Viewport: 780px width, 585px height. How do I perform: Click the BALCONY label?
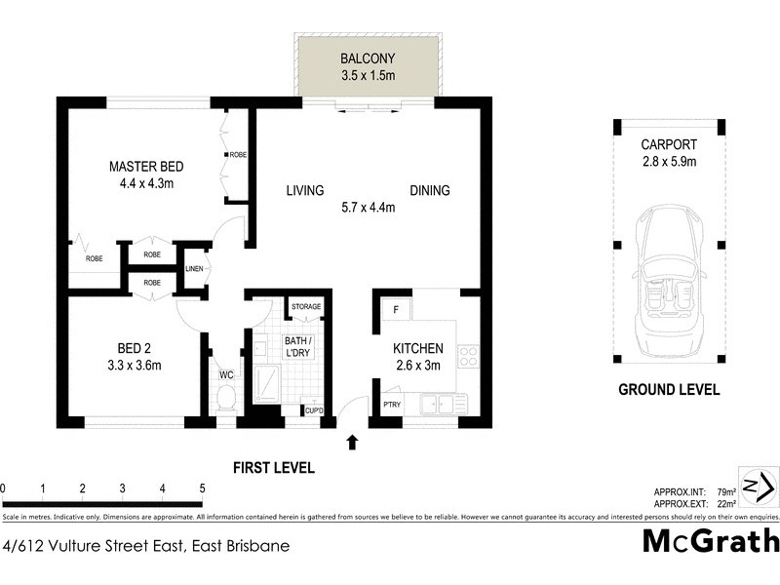[x=368, y=58]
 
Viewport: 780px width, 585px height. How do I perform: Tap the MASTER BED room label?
[x=146, y=167]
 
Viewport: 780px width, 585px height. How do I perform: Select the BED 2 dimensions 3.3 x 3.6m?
[x=134, y=366]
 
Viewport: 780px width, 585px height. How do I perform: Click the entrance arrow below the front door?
[x=352, y=443]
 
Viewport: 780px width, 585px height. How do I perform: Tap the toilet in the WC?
[x=225, y=398]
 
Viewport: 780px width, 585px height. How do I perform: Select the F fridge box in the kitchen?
[x=395, y=309]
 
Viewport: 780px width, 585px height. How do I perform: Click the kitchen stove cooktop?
[x=467, y=357]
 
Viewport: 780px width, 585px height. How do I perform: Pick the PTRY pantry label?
[x=392, y=404]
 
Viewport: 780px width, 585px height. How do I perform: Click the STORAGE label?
[x=305, y=308]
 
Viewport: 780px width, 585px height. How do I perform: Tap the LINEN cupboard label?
[x=194, y=269]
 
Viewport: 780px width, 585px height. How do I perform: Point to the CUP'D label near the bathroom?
[x=313, y=410]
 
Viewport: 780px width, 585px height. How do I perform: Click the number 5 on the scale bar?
[x=202, y=488]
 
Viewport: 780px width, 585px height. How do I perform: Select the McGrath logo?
[x=711, y=541]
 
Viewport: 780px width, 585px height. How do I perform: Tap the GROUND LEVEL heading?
[x=669, y=390]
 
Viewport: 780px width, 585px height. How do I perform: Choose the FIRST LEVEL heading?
[x=273, y=468]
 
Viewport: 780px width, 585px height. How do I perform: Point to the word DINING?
[x=429, y=191]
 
